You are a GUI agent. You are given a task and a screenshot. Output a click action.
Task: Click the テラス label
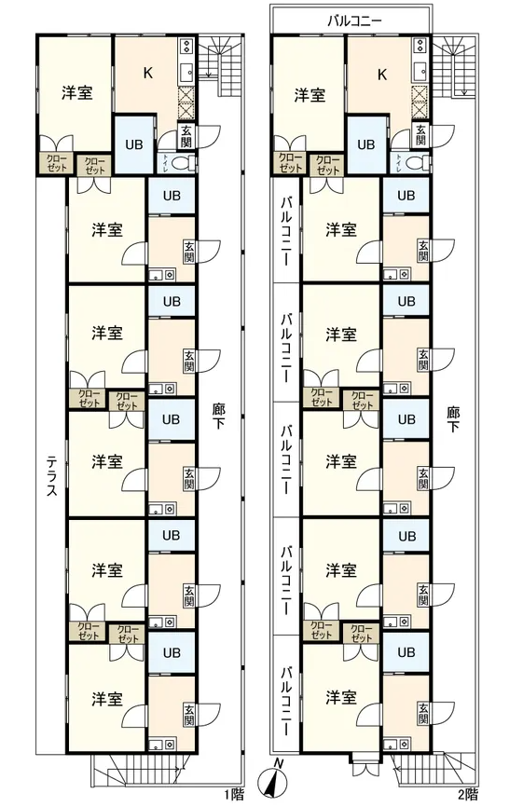tap(52, 474)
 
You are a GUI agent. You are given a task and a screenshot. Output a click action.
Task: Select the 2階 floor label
tap(467, 794)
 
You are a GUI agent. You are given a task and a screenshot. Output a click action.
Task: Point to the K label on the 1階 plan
tap(147, 73)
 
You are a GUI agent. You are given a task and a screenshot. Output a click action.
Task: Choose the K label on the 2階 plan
tap(381, 75)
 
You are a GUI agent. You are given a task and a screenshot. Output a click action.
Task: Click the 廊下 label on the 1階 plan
tap(218, 417)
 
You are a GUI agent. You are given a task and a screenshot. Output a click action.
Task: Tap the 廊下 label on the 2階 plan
tap(453, 418)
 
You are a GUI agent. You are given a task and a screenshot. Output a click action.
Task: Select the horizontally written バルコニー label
tap(354, 21)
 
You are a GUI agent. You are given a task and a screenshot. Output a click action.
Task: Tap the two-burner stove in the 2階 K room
tap(420, 46)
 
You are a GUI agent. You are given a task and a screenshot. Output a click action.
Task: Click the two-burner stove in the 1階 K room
tap(186, 46)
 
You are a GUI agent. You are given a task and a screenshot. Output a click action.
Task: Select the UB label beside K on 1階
tap(134, 144)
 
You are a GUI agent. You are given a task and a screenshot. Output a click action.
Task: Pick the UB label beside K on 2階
tap(366, 144)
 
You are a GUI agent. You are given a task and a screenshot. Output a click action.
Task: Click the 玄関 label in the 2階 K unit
tap(420, 135)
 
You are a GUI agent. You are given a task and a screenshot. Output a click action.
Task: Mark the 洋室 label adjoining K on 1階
tap(77, 93)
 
